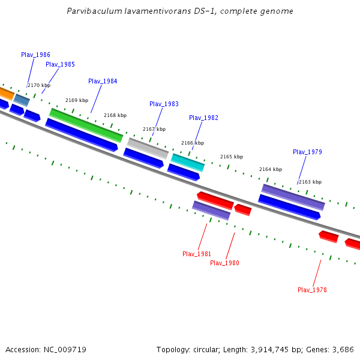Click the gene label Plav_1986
click(35, 55)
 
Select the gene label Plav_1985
click(60, 64)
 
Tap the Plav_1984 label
click(103, 81)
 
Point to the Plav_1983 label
click(164, 104)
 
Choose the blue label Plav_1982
click(203, 118)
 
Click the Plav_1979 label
click(307, 152)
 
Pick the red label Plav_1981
click(197, 254)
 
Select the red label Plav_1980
click(224, 263)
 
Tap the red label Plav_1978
click(312, 290)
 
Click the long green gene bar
click(86, 125)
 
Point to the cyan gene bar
click(188, 162)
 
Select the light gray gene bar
click(148, 148)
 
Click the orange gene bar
click(5, 93)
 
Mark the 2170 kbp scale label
click(39, 85)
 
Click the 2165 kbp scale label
click(231, 157)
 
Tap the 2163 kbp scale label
click(310, 182)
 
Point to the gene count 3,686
click(342, 349)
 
